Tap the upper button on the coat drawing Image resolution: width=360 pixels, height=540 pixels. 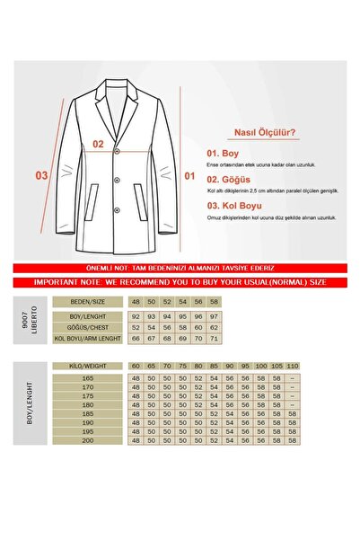pos(115,155)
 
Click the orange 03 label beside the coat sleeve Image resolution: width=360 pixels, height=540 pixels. pos(40,176)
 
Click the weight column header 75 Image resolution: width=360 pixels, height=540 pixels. pos(181,367)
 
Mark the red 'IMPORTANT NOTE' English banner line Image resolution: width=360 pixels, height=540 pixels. pos(180,280)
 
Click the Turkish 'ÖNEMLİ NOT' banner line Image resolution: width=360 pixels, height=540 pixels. pos(180,268)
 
